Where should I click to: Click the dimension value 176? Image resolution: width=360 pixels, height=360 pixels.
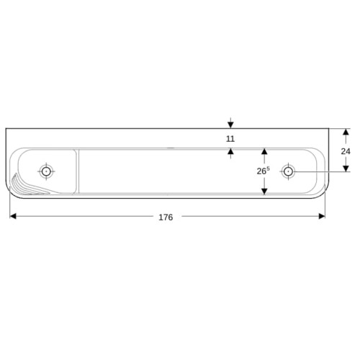[166, 217]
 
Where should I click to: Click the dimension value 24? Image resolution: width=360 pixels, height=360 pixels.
[346, 151]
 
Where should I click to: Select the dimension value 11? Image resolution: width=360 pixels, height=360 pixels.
[230, 139]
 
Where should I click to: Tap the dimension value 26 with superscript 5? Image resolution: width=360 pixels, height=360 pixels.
[264, 171]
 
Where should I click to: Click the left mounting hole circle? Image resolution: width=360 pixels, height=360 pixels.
[46, 171]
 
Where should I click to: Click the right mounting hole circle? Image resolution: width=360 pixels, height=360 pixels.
[288, 171]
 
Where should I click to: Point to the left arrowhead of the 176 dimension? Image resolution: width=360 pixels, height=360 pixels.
[13, 216]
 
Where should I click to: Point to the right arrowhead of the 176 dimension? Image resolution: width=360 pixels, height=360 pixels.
[322, 216]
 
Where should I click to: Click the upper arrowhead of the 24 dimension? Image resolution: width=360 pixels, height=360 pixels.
[346, 132]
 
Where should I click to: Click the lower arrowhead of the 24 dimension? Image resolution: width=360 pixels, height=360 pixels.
[346, 168]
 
